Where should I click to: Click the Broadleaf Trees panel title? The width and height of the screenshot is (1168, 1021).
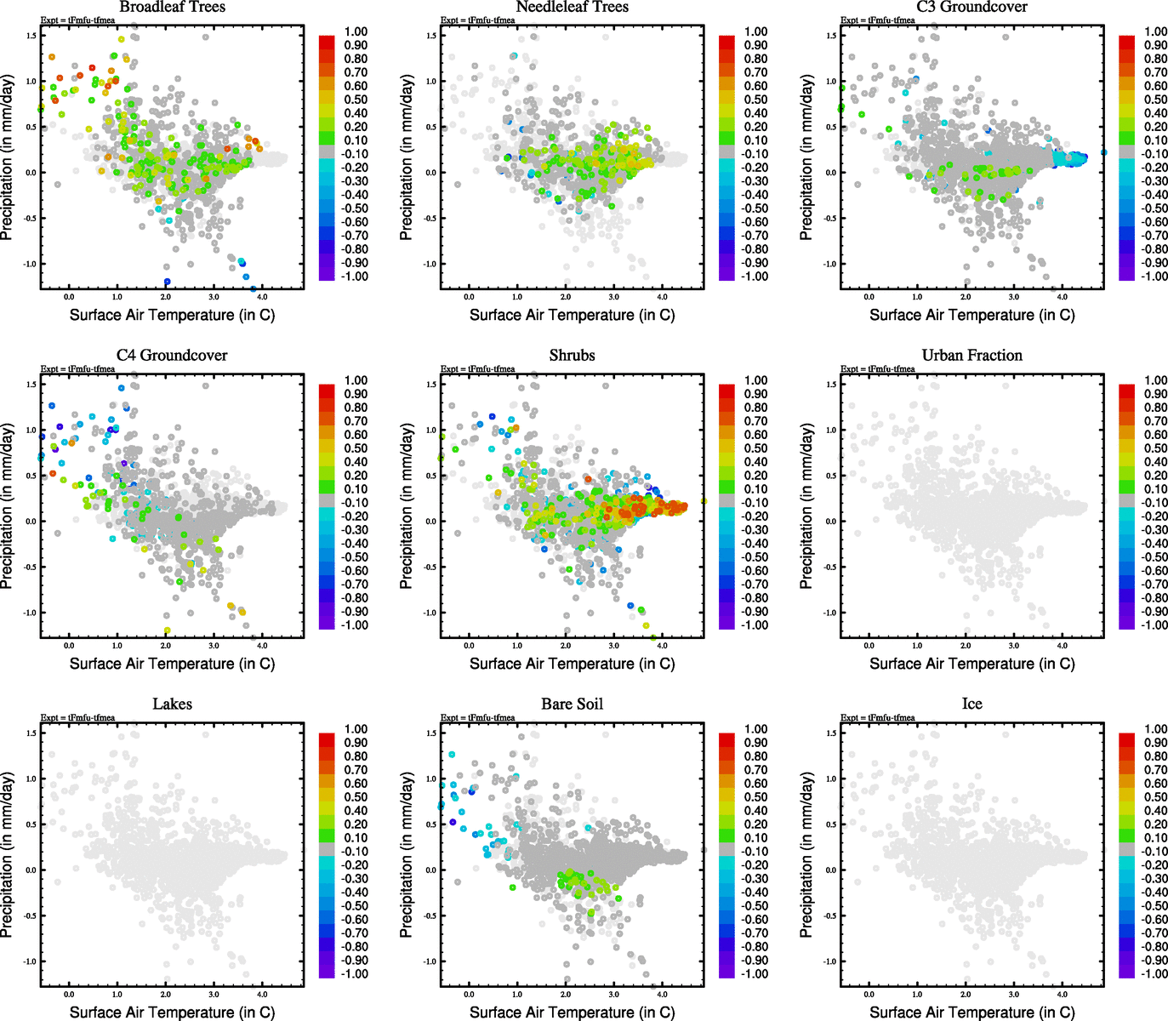pos(172,7)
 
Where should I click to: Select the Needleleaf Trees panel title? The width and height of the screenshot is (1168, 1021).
pos(572,7)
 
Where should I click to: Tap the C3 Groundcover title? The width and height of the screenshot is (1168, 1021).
pos(971,7)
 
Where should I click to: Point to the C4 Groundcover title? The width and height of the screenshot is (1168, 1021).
pos(172,356)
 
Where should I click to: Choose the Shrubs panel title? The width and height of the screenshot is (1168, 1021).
pos(572,356)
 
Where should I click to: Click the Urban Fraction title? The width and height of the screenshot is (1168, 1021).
pos(971,356)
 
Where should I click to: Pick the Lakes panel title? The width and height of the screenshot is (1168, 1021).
pos(172,704)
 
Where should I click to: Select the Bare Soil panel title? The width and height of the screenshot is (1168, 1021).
pos(572,704)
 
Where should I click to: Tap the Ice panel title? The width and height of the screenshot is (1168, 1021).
pos(971,704)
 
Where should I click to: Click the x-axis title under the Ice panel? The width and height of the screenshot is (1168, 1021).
pos(971,1012)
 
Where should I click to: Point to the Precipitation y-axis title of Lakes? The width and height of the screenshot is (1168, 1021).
pos(8,855)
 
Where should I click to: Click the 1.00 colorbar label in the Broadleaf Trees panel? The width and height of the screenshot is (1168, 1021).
pos(356,31)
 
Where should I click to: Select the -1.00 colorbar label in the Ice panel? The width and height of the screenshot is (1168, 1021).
pos(1154,974)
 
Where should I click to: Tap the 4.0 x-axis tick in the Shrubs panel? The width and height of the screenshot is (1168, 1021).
pos(662,646)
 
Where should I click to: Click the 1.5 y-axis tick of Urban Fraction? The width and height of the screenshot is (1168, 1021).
pos(832,385)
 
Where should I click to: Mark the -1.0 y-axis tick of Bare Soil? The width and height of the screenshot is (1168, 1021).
pos(431,961)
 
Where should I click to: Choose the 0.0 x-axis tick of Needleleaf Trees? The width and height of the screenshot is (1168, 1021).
pos(469,297)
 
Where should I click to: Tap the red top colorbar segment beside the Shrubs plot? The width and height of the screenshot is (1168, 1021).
pos(726,391)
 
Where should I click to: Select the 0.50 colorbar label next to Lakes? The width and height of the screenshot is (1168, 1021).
pos(356,797)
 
